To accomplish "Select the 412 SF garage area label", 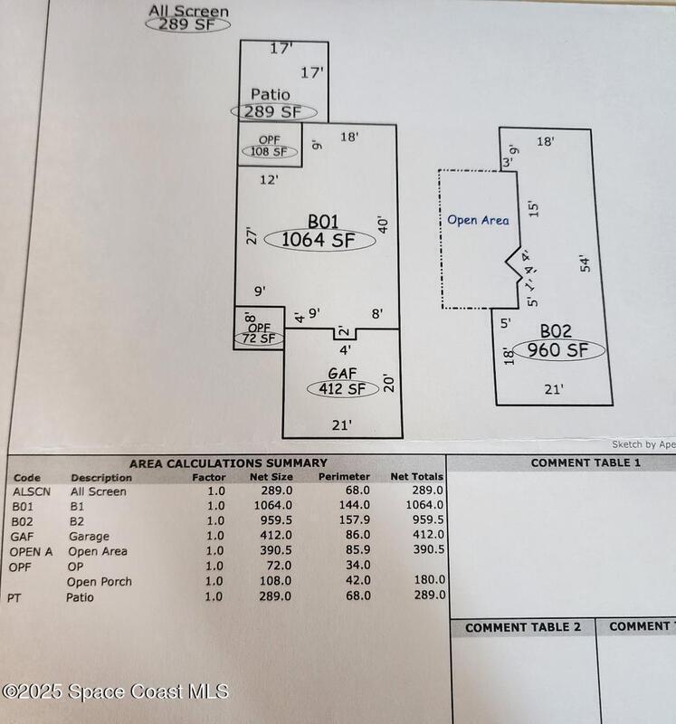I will click(x=335, y=389).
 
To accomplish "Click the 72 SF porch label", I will click(x=260, y=338).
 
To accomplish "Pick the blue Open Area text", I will click(x=478, y=220).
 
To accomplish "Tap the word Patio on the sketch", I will click(x=271, y=94).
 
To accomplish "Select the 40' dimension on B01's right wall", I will click(x=384, y=224).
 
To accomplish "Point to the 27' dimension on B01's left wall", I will click(x=252, y=234).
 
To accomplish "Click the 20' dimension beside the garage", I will click(x=387, y=383).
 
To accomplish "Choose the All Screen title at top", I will click(x=188, y=12).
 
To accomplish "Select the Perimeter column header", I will click(x=344, y=476).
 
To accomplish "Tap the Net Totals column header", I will click(x=417, y=476).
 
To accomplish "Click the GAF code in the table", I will click(x=23, y=536).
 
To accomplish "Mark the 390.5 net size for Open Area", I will click(x=273, y=551).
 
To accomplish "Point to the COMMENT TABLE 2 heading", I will click(x=522, y=627).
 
